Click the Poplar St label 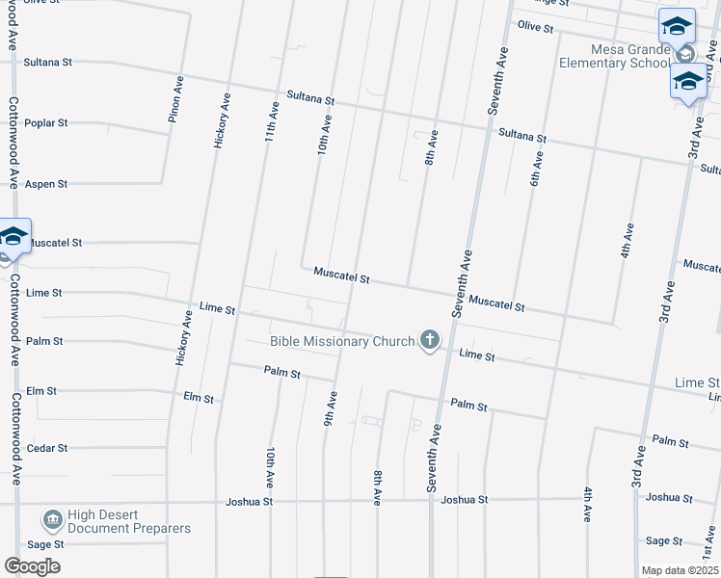point(46,123)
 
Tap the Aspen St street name point(46,183)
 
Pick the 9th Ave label point(330,408)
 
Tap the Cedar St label point(47,448)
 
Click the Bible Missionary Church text point(342,341)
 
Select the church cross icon point(429,340)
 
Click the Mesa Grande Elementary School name point(616,56)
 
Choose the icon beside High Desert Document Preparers point(52,521)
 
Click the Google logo point(32,566)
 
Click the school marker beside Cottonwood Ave point(13,237)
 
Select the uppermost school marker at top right point(677,26)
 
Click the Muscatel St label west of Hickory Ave point(55,244)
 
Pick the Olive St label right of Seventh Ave point(535,27)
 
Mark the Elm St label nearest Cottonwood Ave point(45,391)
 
